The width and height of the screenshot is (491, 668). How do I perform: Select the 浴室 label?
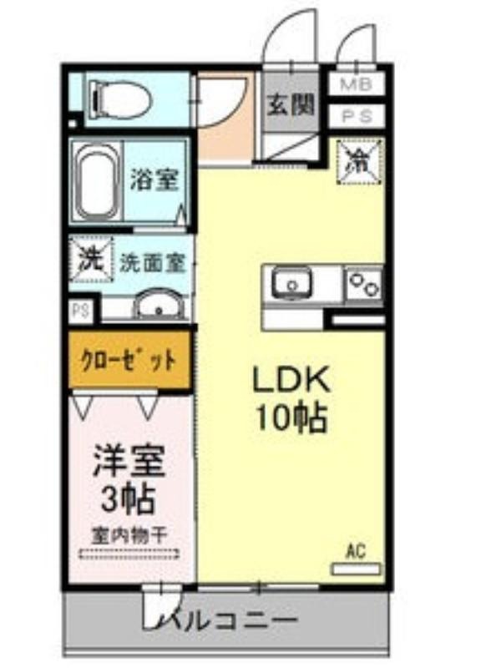pos(154,180)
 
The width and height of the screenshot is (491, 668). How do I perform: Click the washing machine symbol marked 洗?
pos(92,259)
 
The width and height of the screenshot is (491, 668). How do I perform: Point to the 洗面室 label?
pos(154,263)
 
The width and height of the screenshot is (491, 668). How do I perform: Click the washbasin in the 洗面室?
pos(159,306)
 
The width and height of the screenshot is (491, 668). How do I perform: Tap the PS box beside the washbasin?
pos(82,311)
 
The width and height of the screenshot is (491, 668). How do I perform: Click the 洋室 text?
pos(129,461)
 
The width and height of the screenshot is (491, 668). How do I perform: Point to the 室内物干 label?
pos(129,535)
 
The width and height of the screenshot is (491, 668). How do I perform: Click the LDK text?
pos(291,380)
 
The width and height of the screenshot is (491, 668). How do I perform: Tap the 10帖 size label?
pos(291,416)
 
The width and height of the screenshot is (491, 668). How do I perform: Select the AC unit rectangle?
pos(357,569)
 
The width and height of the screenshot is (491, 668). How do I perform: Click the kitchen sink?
pos(291,283)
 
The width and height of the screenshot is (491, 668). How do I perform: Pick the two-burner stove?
pos(364,282)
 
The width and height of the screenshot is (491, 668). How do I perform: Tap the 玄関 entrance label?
pos(290,104)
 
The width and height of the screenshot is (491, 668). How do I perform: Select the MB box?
pos(357,84)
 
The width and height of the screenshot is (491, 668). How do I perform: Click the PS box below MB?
pos(357,116)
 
